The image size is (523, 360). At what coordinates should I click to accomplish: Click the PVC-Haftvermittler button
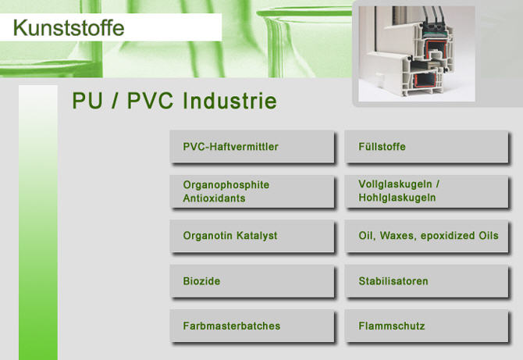(x=252, y=147)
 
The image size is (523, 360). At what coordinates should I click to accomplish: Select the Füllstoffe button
(x=427, y=147)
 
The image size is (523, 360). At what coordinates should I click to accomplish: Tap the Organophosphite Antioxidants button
(x=252, y=191)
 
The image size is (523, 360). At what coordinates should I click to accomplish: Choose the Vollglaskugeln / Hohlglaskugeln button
(x=427, y=191)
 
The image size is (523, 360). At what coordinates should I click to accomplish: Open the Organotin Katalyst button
(x=252, y=236)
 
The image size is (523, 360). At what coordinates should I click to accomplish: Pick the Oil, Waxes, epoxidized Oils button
(x=427, y=236)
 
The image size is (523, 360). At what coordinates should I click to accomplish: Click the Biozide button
(x=252, y=281)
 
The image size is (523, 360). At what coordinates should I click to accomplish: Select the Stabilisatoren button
(x=427, y=281)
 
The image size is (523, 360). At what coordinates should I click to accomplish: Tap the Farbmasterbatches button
(x=252, y=326)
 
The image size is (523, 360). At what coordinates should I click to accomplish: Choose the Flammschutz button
(x=427, y=326)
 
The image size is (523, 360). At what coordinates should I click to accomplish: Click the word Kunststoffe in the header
(x=69, y=27)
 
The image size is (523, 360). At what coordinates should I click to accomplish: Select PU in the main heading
(x=87, y=101)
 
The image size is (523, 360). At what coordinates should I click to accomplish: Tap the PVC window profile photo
(x=417, y=54)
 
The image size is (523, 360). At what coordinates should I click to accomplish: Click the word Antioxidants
(x=214, y=198)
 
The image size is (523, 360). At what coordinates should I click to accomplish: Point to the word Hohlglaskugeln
(x=397, y=198)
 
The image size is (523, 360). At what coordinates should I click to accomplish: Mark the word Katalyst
(x=257, y=236)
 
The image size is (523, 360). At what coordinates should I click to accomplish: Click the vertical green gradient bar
(x=38, y=223)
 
